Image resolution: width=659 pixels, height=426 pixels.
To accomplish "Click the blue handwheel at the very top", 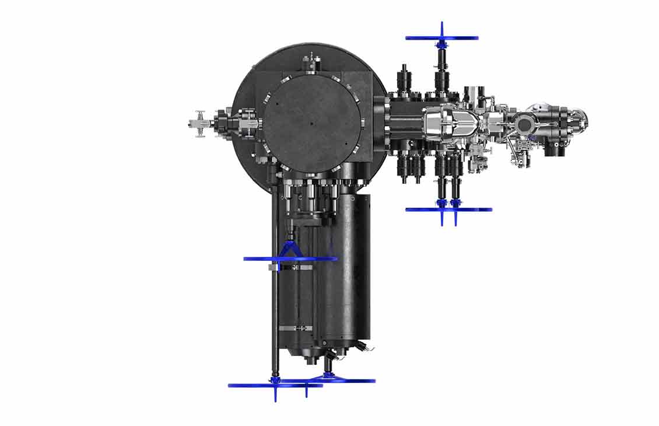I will tap(442, 38).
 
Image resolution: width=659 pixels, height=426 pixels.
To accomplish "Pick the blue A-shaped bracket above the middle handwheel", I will tap(290, 250).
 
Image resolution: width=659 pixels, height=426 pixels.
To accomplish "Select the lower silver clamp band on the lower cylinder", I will tap(295, 328).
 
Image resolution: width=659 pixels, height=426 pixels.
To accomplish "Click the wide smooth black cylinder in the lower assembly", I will tap(350, 268).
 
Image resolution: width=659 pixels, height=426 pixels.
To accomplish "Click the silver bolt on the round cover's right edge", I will tap(362, 123).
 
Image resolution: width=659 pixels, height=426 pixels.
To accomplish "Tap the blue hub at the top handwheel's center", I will tap(442, 44).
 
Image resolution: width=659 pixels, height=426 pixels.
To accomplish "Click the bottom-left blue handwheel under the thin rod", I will tap(275, 385).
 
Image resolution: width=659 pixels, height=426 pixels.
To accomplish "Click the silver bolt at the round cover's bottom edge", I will tap(312, 173).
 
